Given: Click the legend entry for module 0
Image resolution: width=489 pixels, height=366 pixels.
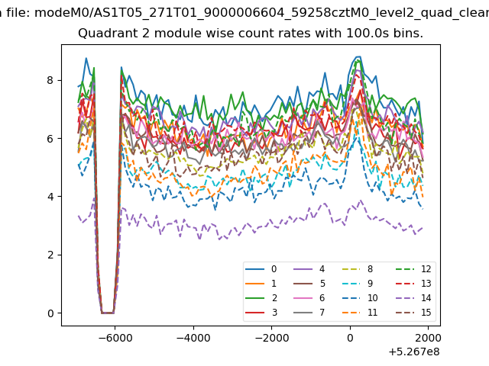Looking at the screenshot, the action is pyautogui.click(x=261, y=269).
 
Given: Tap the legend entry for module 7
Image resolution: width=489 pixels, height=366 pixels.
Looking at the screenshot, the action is pyautogui.click(x=309, y=312).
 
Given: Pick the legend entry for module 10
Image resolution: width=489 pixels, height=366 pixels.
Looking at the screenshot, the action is pyautogui.click(x=360, y=298).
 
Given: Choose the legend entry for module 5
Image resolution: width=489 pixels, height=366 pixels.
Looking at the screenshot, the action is pyautogui.click(x=309, y=284).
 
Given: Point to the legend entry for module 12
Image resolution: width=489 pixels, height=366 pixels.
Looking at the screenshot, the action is pyautogui.click(x=413, y=269).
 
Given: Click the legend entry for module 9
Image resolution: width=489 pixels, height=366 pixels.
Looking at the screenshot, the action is pyautogui.click(x=358, y=284).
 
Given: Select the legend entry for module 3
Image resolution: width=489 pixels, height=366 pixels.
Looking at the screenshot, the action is pyautogui.click(x=261, y=312).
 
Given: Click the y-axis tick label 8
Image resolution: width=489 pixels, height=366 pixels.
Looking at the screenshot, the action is pyautogui.click(x=50, y=80).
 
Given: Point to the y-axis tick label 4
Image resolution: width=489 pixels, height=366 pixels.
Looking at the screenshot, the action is pyautogui.click(x=50, y=197).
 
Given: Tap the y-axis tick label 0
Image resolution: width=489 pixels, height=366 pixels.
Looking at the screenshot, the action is pyautogui.click(x=50, y=313).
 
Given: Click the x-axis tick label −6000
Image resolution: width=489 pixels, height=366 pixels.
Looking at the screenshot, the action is pyautogui.click(x=115, y=338).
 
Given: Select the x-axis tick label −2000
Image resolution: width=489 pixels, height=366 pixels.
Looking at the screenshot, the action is pyautogui.click(x=272, y=338).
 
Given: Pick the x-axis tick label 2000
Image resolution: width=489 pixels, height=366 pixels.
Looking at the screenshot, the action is pyautogui.click(x=429, y=338).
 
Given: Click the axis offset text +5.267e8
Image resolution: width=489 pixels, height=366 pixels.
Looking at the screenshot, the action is pyautogui.click(x=414, y=352).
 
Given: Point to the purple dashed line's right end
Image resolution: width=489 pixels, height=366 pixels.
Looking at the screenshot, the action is pyautogui.click(x=423, y=228).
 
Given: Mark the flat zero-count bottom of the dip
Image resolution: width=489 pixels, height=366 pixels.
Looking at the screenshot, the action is pyautogui.click(x=108, y=313).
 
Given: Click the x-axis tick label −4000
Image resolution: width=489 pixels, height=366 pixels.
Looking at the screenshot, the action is pyautogui.click(x=193, y=338).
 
